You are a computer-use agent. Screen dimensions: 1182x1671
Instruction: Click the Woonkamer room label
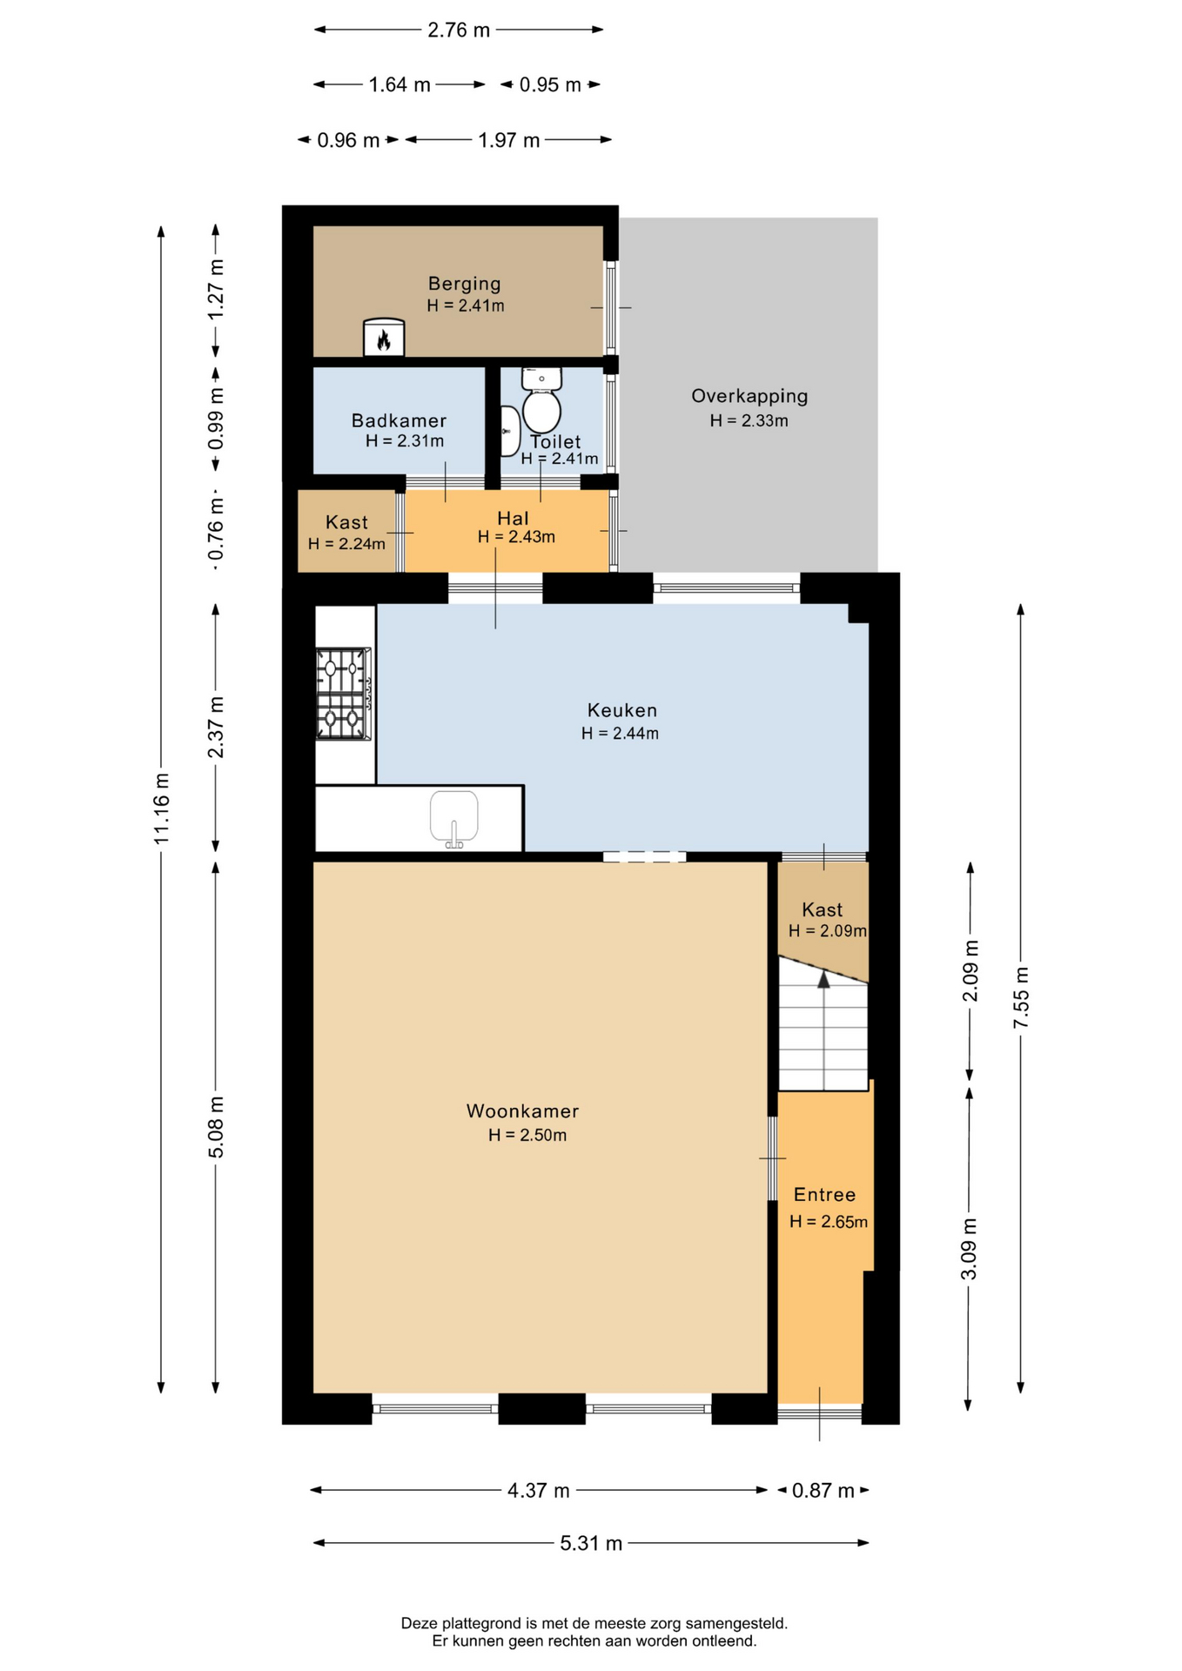[x=522, y=1111]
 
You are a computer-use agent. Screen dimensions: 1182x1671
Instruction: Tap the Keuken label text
[x=621, y=710]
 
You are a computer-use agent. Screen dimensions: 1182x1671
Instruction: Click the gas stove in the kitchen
[x=344, y=695]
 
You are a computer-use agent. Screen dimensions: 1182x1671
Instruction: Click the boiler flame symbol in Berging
[x=384, y=340]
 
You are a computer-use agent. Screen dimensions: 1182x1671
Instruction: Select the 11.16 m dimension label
[x=162, y=809]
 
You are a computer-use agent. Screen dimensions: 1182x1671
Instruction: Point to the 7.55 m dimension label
[x=1021, y=997]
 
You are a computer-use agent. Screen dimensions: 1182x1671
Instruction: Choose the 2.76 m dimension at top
[x=459, y=30]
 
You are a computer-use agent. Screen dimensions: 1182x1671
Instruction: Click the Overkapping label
[x=749, y=396]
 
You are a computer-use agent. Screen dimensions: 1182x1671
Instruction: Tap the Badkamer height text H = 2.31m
[x=405, y=441]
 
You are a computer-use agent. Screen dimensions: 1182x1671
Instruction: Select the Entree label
[x=824, y=1195]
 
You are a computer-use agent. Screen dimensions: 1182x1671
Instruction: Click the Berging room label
[x=465, y=284]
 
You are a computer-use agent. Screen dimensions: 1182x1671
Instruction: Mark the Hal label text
[x=513, y=518]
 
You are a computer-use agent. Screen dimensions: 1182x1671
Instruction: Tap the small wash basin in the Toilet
[x=510, y=431]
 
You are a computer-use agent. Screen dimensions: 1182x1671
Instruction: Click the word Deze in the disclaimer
[x=419, y=1623]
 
